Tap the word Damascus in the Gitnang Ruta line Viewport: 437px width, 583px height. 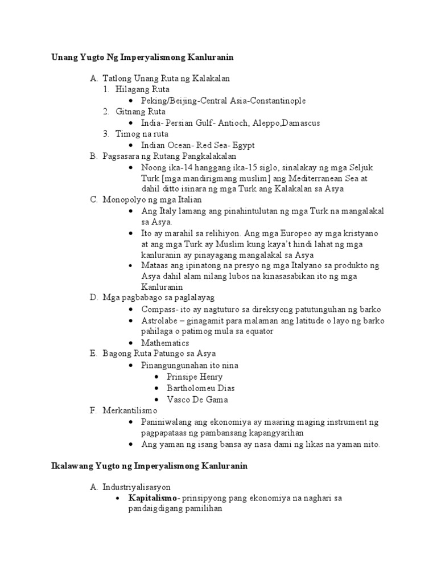[x=300, y=123]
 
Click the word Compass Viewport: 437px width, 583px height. [x=159, y=309]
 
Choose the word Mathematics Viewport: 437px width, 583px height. [x=165, y=343]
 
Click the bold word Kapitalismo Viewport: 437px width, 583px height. [x=152, y=498]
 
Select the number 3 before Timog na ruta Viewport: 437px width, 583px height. [x=106, y=134]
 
